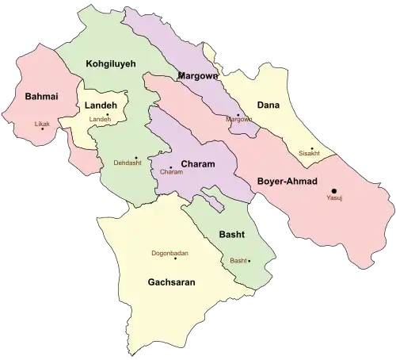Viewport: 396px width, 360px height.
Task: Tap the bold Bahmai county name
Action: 31,97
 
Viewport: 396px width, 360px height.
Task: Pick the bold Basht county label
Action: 232,236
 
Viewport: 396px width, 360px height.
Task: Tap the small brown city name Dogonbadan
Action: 169,254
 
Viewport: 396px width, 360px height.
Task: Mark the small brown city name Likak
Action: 42,124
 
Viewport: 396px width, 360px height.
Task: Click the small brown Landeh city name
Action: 101,119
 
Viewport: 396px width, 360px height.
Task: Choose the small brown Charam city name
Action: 171,172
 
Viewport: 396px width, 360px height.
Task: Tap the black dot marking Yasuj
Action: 334,190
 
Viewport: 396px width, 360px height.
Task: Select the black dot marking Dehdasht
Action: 136,157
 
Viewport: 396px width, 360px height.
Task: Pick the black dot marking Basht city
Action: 249,261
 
